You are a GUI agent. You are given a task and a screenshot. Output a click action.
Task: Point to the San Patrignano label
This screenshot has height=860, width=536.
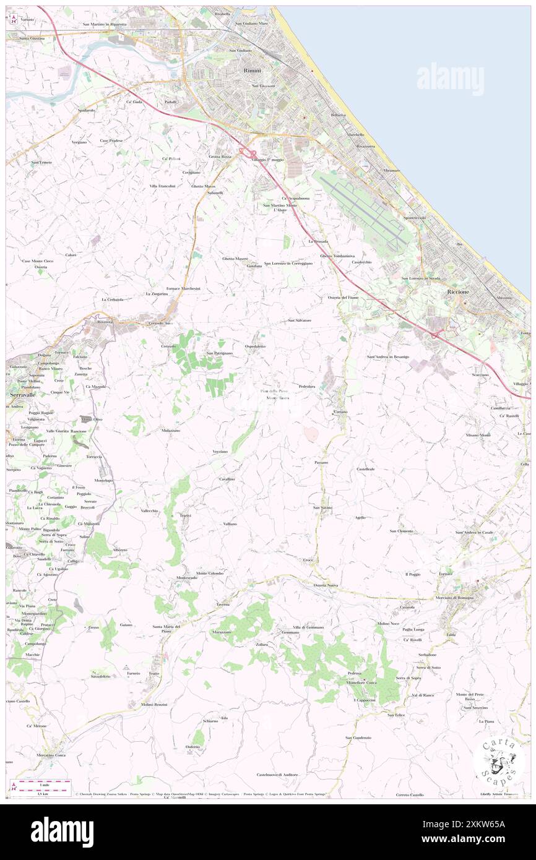point(219,353)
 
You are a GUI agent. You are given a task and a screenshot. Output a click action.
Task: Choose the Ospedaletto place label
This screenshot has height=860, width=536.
point(255,346)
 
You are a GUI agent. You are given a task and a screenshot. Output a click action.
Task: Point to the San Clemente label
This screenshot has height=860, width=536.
point(401,531)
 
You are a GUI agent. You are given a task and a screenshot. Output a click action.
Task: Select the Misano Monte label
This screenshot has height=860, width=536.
point(478,435)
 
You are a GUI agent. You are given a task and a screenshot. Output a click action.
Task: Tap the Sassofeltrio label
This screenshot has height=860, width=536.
point(100,676)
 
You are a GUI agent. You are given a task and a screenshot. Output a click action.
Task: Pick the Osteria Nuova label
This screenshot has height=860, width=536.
point(325,585)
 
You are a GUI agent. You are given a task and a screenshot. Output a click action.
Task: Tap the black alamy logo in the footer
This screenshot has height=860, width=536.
point(62,832)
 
